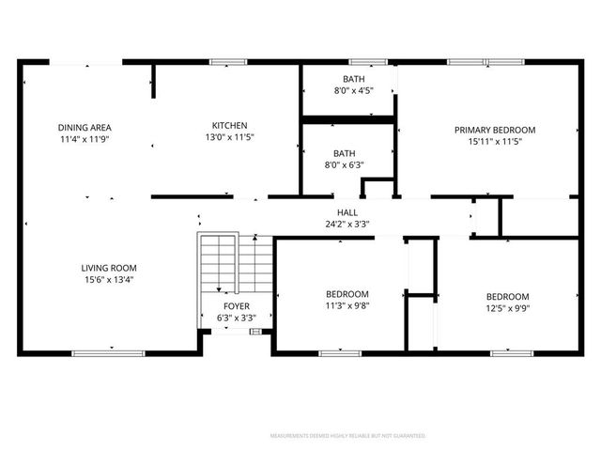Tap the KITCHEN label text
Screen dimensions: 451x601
pyautogui.click(x=229, y=125)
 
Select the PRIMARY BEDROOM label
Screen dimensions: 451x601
pyautogui.click(x=495, y=130)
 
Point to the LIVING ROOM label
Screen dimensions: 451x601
pyautogui.click(x=109, y=268)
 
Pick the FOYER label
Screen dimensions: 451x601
pyautogui.click(x=236, y=306)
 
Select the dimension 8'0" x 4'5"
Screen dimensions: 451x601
pyautogui.click(x=354, y=91)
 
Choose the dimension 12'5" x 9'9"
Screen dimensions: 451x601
pyautogui.click(x=507, y=307)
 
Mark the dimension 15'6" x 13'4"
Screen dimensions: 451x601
pyautogui.click(x=109, y=279)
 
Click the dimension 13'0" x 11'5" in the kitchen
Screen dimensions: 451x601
pyautogui.click(x=229, y=137)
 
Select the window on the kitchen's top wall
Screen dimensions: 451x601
pyautogui.click(x=227, y=63)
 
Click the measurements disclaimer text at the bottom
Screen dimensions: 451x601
pyautogui.click(x=347, y=436)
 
